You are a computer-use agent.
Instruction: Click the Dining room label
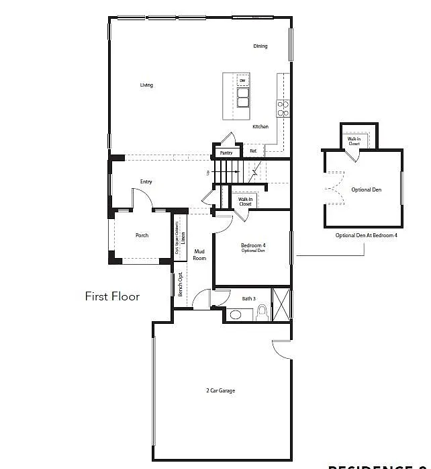coord(260,46)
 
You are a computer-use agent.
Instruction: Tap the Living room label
coord(146,85)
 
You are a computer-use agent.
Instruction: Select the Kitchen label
coord(260,127)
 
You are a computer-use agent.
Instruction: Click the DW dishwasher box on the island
coord(242,81)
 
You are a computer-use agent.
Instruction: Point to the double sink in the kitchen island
coord(242,98)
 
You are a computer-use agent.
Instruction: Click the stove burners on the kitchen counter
coord(283,105)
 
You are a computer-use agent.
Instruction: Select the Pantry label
coord(226,153)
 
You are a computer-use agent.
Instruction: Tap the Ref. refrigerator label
coord(253,151)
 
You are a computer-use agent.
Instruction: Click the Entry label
coord(146,182)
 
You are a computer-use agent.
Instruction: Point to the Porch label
coord(142,236)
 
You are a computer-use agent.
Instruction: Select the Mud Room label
coord(199,255)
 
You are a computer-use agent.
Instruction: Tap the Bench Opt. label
coord(180,284)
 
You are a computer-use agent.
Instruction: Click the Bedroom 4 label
coord(253,247)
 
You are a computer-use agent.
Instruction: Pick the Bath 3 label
coord(248,298)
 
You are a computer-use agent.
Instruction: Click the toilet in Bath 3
coord(262,313)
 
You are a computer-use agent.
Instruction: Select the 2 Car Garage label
coord(220,390)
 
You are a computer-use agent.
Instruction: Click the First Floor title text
coord(112,296)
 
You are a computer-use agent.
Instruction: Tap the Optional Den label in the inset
coord(366,190)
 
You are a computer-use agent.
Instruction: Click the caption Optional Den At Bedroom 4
coord(367,236)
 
